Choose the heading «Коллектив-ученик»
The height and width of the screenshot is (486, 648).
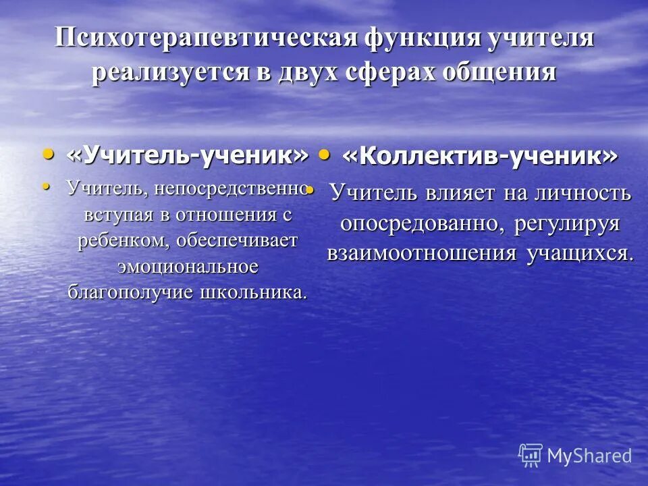click(x=479, y=157)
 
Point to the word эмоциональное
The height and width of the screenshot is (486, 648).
click(x=188, y=266)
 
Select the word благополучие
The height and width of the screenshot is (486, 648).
click(x=132, y=293)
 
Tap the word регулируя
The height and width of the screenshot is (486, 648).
click(x=566, y=223)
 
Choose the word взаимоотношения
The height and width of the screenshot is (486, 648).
click(x=418, y=253)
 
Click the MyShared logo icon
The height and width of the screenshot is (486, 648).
click(x=530, y=454)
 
